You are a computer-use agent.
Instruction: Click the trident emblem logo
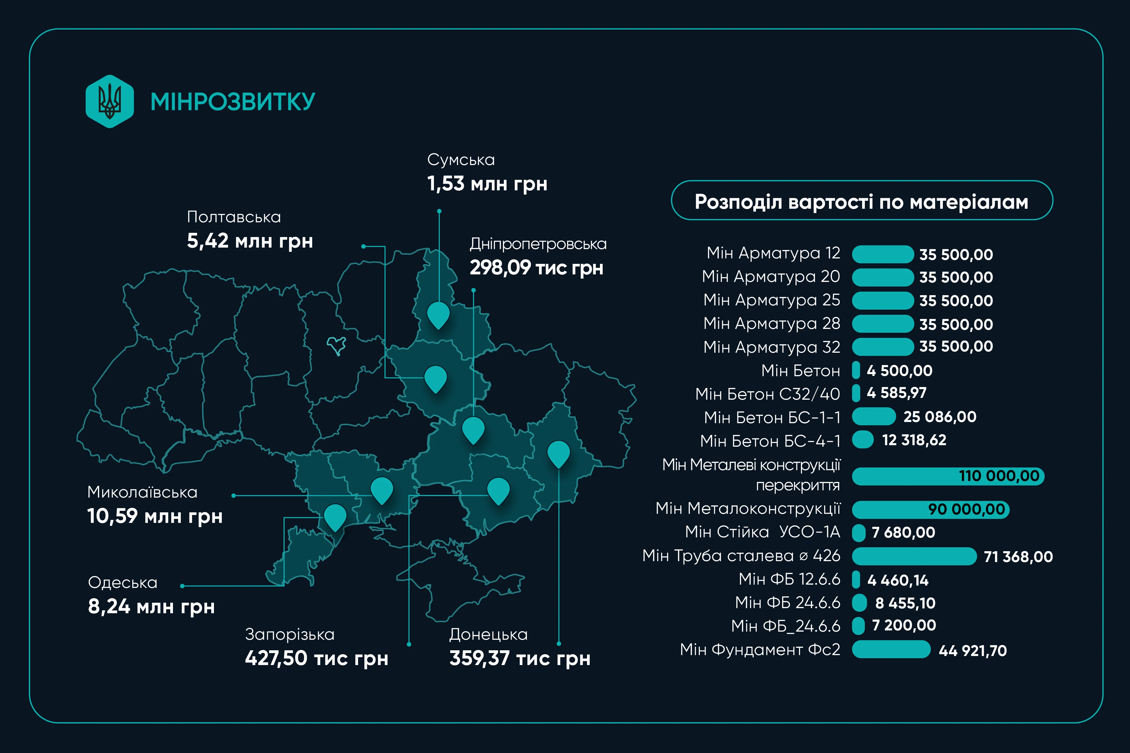pyautogui.click(x=110, y=101)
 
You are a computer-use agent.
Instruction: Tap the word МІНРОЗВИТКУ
pyautogui.click(x=233, y=102)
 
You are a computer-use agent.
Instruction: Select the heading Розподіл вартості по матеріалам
pyautogui.click(x=862, y=202)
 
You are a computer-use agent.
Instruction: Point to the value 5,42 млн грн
pyautogui.click(x=250, y=241)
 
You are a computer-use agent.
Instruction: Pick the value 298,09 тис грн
pyautogui.click(x=536, y=267)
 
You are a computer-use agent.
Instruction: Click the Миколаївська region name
pyautogui.click(x=142, y=492)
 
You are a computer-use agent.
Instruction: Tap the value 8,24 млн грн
pyautogui.click(x=151, y=607)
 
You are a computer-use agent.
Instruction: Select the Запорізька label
pyautogui.click(x=290, y=634)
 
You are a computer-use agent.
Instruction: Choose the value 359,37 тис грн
pyautogui.click(x=520, y=658)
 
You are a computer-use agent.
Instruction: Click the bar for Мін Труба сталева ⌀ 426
pyautogui.click(x=914, y=556)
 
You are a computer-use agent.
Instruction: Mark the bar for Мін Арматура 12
pyautogui.click(x=883, y=254)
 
